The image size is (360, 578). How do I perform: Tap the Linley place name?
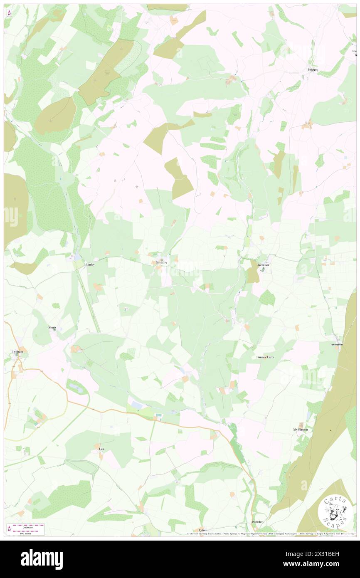click(x=90, y=264)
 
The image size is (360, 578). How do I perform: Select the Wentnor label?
click(x=264, y=265)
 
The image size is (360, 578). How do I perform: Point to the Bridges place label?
click(x=313, y=69)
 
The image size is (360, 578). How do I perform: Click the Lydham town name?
click(x=17, y=352)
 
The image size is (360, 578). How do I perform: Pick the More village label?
click(x=52, y=327)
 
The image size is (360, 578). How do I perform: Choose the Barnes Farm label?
click(x=265, y=357)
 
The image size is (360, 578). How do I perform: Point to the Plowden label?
click(x=257, y=522)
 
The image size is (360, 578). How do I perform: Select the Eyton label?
click(x=202, y=530)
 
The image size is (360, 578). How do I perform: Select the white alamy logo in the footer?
click(x=42, y=558)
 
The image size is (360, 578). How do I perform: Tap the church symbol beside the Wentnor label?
click(x=263, y=269)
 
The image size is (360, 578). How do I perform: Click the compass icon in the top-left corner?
click(x=9, y=12)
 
